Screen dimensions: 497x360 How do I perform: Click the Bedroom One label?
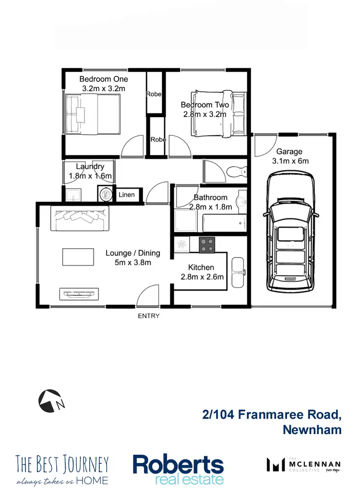pos(104,79)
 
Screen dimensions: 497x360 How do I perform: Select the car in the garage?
pos(292,235)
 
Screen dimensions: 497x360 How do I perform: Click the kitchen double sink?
pos(238,272)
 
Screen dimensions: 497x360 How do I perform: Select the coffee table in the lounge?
pos(78,256)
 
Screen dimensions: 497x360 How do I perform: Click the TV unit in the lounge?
pos(79,293)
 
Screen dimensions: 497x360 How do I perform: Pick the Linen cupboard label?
pos(127,195)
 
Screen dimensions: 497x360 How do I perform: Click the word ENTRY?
pos(148,316)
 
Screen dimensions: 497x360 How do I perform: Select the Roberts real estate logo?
pos(178,469)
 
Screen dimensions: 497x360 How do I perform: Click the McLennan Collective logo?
pos(303,465)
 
